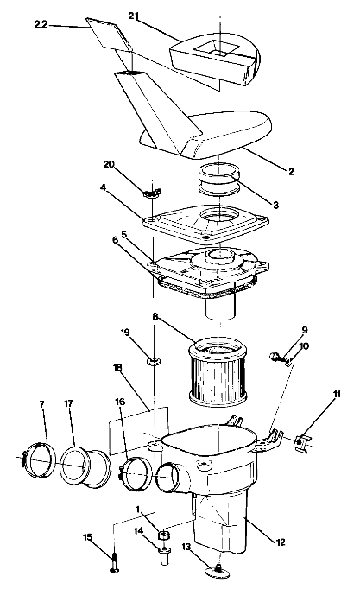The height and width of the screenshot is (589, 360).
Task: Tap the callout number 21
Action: [x=158, y=16]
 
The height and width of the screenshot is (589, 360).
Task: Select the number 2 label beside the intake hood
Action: [x=291, y=172]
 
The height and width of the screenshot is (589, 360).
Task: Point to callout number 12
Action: [x=281, y=541]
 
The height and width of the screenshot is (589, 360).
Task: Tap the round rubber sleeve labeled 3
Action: [x=221, y=181]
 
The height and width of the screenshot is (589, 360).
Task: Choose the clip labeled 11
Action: [x=298, y=442]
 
